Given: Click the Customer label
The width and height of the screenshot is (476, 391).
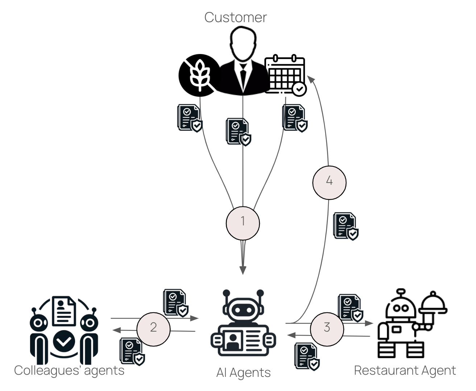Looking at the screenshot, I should tap(235, 17).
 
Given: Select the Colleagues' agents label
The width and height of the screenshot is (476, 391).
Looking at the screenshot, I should tap(69, 371).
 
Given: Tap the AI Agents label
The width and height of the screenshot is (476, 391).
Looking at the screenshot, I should tap(243, 373).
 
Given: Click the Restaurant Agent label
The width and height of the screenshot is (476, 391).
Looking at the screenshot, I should tap(405, 371).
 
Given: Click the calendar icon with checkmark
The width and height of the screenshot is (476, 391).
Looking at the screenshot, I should tap(285, 75).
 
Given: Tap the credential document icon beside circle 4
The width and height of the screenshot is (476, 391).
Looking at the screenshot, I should tap(345, 226).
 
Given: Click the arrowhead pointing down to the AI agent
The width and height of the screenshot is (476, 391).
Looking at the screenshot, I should tap(243, 270).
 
